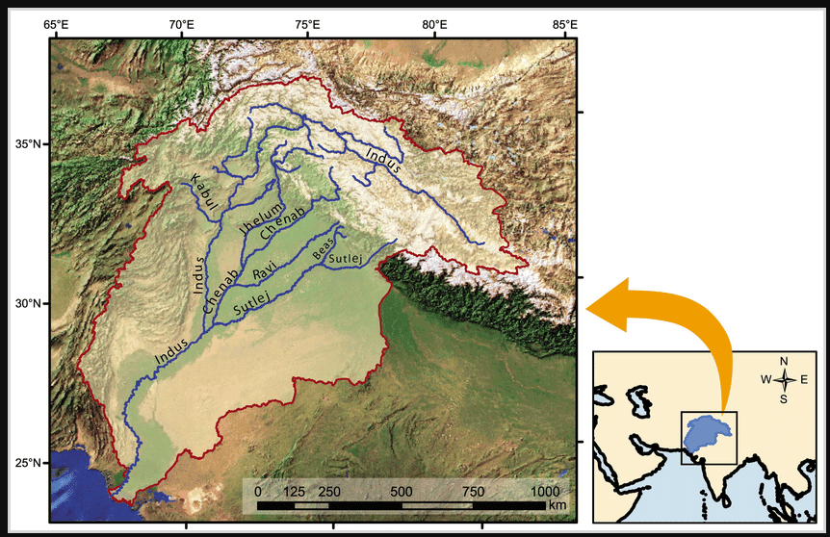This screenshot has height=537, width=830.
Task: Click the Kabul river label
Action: pos(202,193)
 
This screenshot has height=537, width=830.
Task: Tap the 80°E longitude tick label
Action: pos(436,23)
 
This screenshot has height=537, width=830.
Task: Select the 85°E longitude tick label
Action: pos(563,23)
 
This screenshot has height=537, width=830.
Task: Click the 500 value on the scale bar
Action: pos(402,492)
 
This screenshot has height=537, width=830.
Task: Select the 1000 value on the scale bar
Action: pos(552,492)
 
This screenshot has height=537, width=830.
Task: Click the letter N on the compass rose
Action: pos(784,361)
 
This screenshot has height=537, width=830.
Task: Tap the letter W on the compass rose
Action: pos(765,379)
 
